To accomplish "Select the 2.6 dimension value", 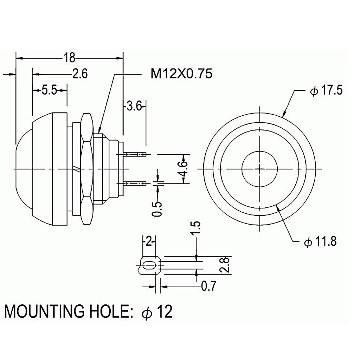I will point(79,74).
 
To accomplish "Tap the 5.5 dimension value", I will point(49,91).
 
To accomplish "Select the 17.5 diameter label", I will point(326,91).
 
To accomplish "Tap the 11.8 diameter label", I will point(320,242).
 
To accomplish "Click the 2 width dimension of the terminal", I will point(149,241).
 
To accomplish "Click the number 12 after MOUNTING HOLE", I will point(165,311).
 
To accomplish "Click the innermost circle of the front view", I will point(260,169).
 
